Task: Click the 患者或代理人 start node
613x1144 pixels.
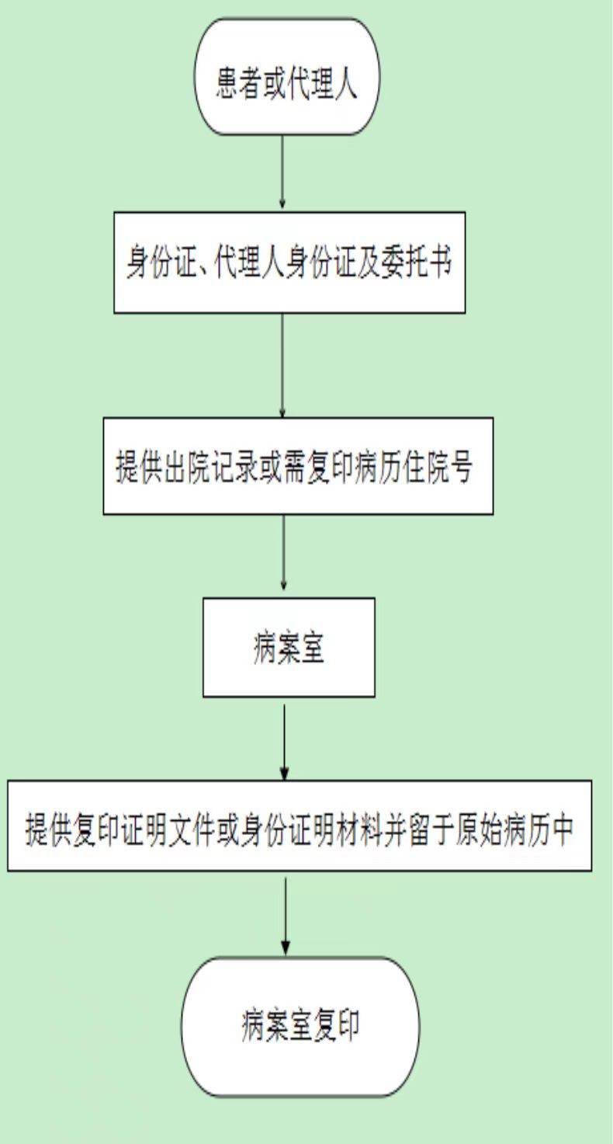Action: (x=286, y=77)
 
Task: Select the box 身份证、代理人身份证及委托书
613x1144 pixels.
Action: (x=289, y=263)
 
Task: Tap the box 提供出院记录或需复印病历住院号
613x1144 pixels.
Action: (x=298, y=466)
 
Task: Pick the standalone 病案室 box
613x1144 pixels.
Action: (x=289, y=647)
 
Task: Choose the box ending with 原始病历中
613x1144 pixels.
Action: (x=300, y=826)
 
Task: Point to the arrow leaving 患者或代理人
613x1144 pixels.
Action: (x=282, y=172)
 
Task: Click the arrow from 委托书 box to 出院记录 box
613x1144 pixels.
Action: (x=282, y=366)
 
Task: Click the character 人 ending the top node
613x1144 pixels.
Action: (x=345, y=83)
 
